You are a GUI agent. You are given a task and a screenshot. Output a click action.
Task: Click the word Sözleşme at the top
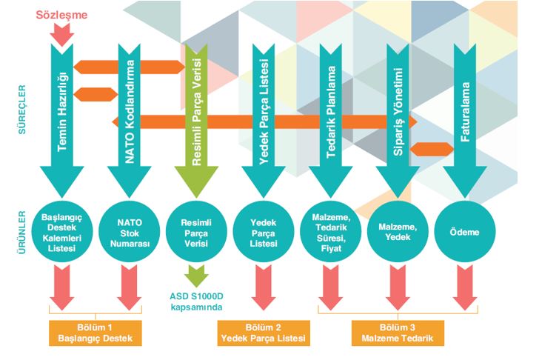[x=63, y=13]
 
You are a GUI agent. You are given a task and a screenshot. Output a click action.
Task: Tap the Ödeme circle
[x=465, y=232]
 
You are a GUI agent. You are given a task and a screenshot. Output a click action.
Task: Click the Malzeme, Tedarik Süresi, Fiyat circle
[x=331, y=232]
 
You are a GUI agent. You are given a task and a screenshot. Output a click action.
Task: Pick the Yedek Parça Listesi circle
[x=264, y=232]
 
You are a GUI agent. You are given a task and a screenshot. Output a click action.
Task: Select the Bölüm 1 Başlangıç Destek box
[x=94, y=333]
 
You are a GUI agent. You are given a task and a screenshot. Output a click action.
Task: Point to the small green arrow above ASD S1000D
[x=196, y=277]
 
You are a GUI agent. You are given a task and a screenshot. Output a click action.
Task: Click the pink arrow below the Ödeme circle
[x=465, y=285]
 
